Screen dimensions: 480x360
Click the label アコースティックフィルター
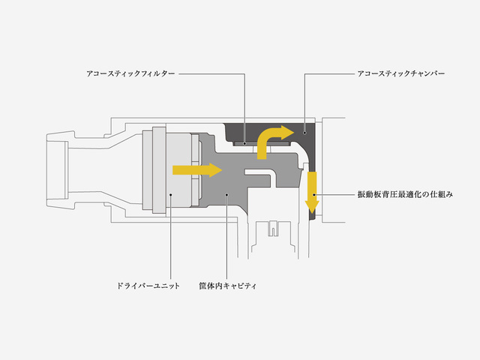130,73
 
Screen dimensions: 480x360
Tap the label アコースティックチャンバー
401,73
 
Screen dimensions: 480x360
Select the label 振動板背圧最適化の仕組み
405,194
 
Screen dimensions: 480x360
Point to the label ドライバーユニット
148,286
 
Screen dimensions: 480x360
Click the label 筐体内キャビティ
228,286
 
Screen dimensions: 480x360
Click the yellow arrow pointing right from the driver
197,170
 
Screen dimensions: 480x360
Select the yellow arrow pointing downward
312,192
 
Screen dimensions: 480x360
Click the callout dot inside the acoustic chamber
304,133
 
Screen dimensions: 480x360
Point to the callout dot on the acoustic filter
244,143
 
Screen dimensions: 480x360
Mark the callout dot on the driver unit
171,194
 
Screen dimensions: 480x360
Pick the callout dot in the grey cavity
226,194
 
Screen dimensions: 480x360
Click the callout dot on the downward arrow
313,194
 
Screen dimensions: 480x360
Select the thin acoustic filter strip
261,143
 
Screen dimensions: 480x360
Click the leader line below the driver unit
171,237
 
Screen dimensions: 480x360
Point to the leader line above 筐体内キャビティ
226,237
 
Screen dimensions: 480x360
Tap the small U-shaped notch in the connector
273,229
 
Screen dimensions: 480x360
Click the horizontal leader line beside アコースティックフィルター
211,73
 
